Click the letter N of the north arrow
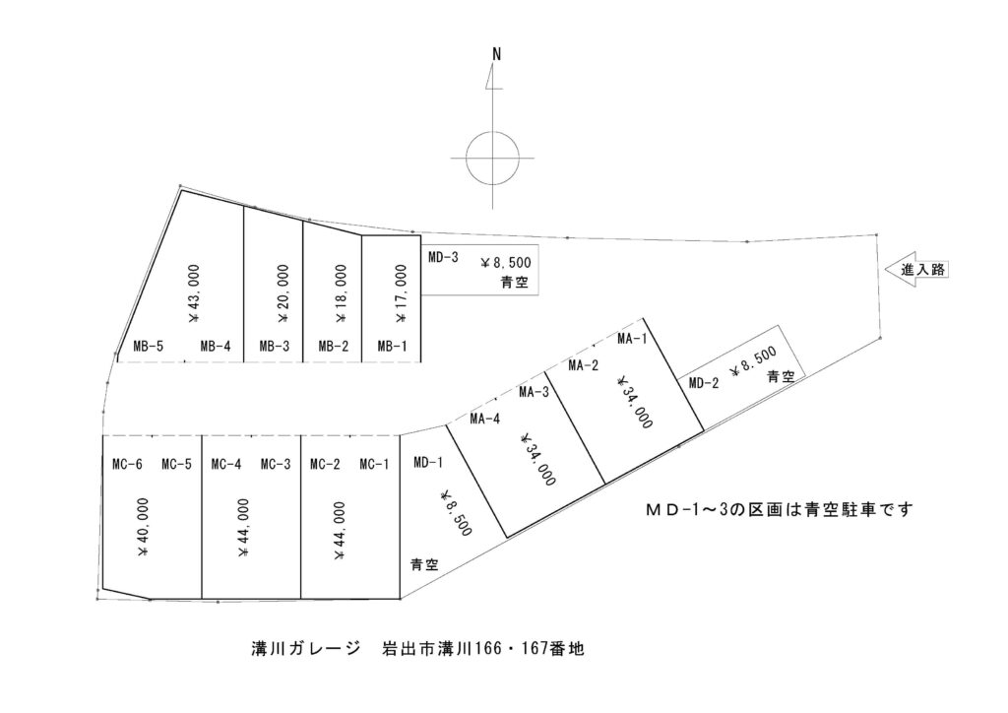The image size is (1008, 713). pos(496,54)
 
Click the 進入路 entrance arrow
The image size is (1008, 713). pos(916,270)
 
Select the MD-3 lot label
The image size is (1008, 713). pos(444,258)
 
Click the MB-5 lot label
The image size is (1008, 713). pos(149,347)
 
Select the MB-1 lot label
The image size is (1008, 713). pos(392,347)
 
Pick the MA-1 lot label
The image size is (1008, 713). pos(632,339)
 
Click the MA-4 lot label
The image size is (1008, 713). pos(484,420)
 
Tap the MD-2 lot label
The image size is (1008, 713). pos(704,384)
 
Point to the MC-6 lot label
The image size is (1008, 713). pos(127,464)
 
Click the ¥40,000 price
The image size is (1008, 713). pos(143,527)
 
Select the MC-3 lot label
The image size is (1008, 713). pos(276,464)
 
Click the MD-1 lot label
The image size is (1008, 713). pos(428,462)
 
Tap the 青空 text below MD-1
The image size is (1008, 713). pos(425,564)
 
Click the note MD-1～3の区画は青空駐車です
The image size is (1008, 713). pos(780,510)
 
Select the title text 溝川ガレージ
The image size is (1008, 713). pos(306,649)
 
